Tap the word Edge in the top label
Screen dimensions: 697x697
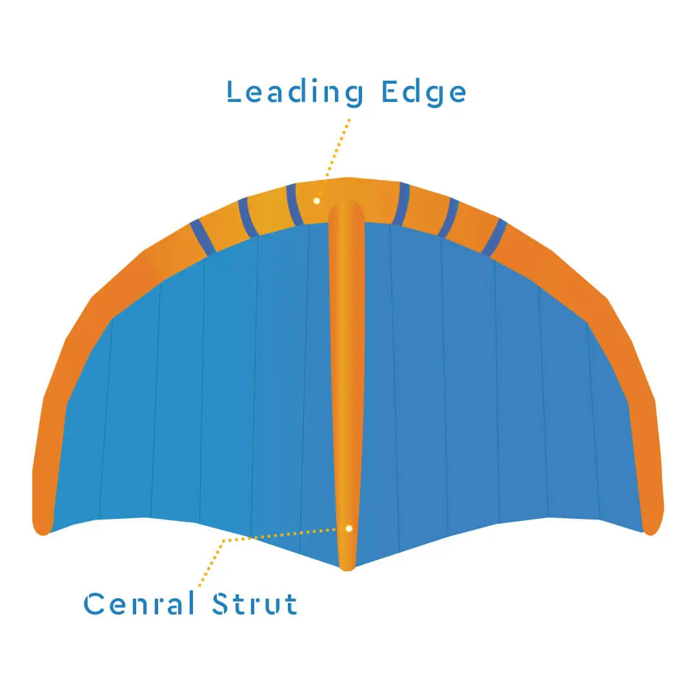423,92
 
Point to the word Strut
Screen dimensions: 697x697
255,604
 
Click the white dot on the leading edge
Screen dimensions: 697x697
317,201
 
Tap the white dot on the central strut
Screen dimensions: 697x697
348,528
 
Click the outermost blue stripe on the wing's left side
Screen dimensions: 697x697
203,237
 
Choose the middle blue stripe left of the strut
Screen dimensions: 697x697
247,217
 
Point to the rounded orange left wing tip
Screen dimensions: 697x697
42,523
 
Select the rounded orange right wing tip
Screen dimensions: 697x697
652,523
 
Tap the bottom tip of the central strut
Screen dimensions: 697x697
347,565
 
